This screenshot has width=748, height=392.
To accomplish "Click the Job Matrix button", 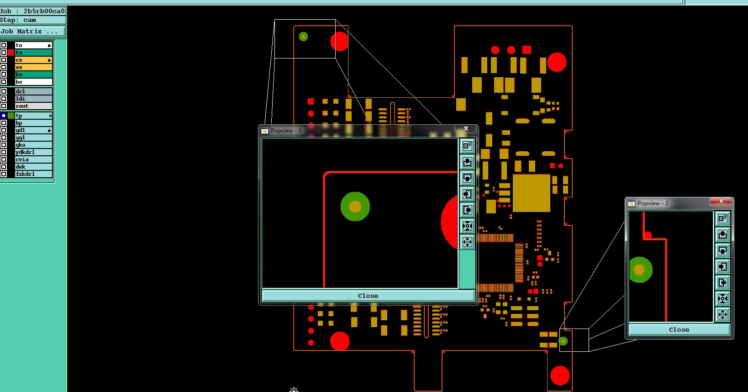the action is click(x=32, y=32).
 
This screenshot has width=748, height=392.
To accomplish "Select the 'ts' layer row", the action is click(x=33, y=53).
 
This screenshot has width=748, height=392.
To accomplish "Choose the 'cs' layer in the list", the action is click(x=33, y=60).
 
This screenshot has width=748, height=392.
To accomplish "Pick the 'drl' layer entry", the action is click(x=33, y=91).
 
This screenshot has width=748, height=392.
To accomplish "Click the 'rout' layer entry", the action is click(x=33, y=106).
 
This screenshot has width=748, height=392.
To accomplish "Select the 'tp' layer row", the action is click(x=33, y=116).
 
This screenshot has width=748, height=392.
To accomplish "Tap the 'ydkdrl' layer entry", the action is click(x=33, y=152).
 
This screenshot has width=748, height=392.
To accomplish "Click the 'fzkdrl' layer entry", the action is click(x=33, y=174).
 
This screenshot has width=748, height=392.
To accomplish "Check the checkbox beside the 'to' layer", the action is click(x=4, y=45).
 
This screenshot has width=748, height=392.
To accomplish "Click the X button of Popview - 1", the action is click(x=466, y=128).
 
